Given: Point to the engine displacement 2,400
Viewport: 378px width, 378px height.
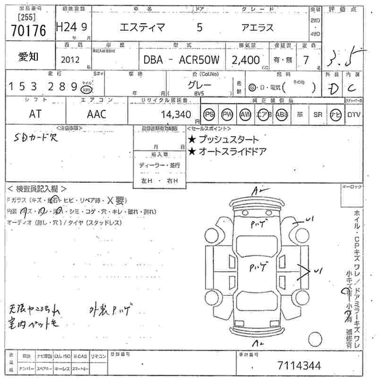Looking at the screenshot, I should [245, 60].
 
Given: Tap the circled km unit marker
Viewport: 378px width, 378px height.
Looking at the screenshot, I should [86, 89].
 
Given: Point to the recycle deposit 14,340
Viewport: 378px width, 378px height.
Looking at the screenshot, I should [175, 114].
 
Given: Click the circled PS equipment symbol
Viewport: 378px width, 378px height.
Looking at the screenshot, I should [209, 114].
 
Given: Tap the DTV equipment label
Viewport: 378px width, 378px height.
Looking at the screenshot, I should [353, 114].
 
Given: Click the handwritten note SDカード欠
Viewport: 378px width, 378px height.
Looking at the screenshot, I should [35, 137].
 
